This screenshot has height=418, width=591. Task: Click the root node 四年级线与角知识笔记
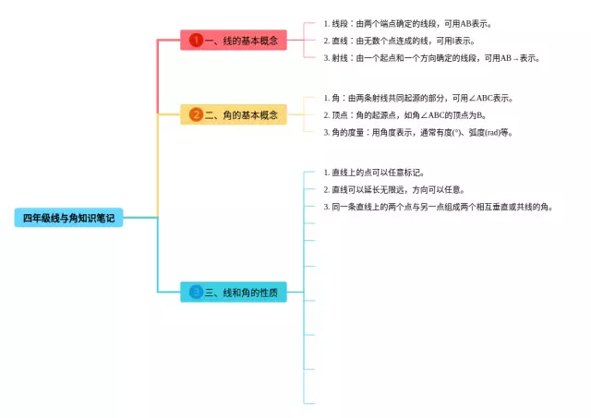tap(68, 218)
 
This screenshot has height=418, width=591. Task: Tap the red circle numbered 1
tap(196, 40)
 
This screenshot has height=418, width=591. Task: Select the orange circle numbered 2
tap(196, 114)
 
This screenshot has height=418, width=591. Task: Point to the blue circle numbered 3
tap(196, 293)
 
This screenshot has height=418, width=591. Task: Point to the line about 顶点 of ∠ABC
tap(404, 115)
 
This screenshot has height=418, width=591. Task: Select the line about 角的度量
tap(417, 132)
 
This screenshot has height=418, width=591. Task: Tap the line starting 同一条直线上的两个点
tap(438, 207)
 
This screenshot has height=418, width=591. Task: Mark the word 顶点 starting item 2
tap(343, 115)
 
